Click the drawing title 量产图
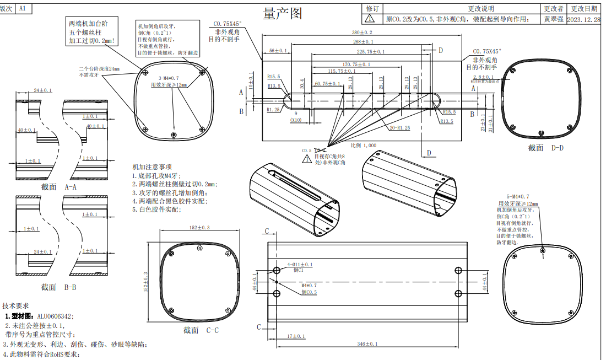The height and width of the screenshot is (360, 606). pos(283,14)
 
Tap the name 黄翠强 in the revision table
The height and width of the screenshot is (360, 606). pos(553,19)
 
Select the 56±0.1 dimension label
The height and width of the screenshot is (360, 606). pos(278,51)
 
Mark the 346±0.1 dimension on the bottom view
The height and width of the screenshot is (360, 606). pos(366,345)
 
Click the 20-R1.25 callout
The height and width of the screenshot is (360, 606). pos(399,128)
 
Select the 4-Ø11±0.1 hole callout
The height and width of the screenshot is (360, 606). pos(299,265)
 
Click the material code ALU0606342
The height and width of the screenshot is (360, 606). pos(55,316)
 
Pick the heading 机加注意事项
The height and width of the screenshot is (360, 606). pos(152,167)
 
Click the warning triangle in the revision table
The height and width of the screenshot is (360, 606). pos(372,19)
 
